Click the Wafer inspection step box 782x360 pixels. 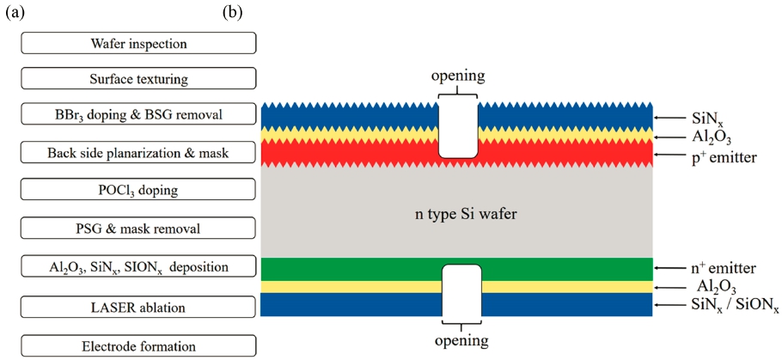[138, 43]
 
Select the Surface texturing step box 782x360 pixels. [138, 78]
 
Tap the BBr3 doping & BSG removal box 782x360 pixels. [138, 113]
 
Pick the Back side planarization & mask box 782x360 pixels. [138, 153]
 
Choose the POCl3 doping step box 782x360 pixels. [138, 190]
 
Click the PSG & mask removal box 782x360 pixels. [138, 229]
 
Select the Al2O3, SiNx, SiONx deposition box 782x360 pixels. [138, 266]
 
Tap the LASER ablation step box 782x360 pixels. [138, 307]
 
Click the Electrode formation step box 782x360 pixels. [138, 345]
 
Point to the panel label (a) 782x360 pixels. [14, 13]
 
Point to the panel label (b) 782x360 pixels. [232, 13]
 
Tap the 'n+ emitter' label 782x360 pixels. [716, 268]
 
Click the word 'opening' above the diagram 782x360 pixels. [457, 78]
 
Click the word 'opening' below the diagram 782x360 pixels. [461, 341]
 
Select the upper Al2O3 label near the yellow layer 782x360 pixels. [703, 137]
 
